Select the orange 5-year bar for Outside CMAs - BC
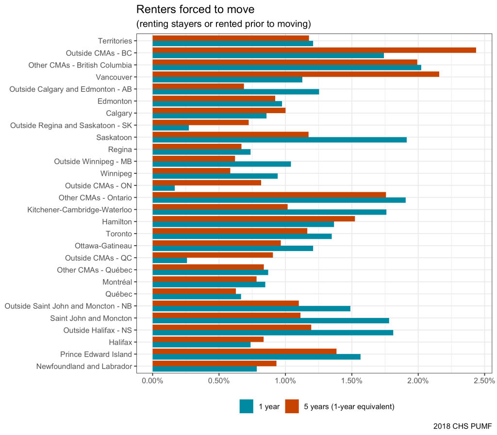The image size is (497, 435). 314,50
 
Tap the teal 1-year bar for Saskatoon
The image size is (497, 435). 280,140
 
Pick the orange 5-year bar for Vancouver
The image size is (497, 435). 296,74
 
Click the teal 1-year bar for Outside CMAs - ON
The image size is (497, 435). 164,188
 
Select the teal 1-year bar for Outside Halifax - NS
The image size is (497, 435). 273,333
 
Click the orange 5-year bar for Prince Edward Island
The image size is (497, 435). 244,351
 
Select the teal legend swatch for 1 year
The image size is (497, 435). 247,406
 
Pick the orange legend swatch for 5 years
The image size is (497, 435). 292,406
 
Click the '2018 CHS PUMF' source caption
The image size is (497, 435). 463,426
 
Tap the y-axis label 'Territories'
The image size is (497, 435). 115,41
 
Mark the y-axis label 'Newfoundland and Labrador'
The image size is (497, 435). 84,366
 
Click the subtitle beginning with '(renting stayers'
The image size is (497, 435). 223,24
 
